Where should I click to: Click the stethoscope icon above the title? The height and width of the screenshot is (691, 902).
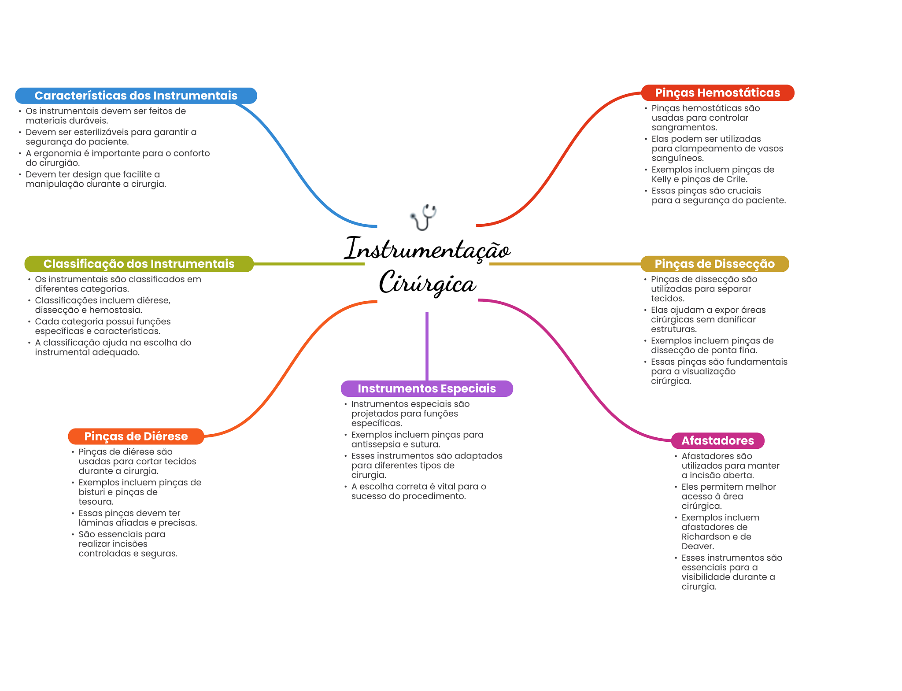[423, 217]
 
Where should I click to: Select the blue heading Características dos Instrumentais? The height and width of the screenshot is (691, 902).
[136, 96]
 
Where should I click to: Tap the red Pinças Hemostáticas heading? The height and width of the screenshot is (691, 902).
[717, 93]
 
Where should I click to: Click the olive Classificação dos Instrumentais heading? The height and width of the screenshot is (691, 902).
[139, 264]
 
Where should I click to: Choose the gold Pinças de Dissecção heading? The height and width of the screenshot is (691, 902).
[714, 264]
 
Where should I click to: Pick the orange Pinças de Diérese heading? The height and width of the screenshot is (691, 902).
[136, 436]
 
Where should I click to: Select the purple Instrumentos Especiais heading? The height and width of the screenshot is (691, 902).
[426, 388]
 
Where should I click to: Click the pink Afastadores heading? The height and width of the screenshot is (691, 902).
[717, 440]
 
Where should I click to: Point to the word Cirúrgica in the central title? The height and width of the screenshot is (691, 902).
[427, 283]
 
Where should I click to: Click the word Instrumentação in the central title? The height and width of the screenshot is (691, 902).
[427, 249]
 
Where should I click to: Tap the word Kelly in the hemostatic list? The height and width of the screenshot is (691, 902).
[661, 179]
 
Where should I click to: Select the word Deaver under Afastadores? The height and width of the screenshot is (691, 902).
[697, 547]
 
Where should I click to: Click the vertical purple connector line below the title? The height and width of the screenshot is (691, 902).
[427, 346]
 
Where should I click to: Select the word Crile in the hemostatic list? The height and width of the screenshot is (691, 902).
[736, 179]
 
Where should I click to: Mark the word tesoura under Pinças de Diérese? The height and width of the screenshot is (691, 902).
[96, 502]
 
